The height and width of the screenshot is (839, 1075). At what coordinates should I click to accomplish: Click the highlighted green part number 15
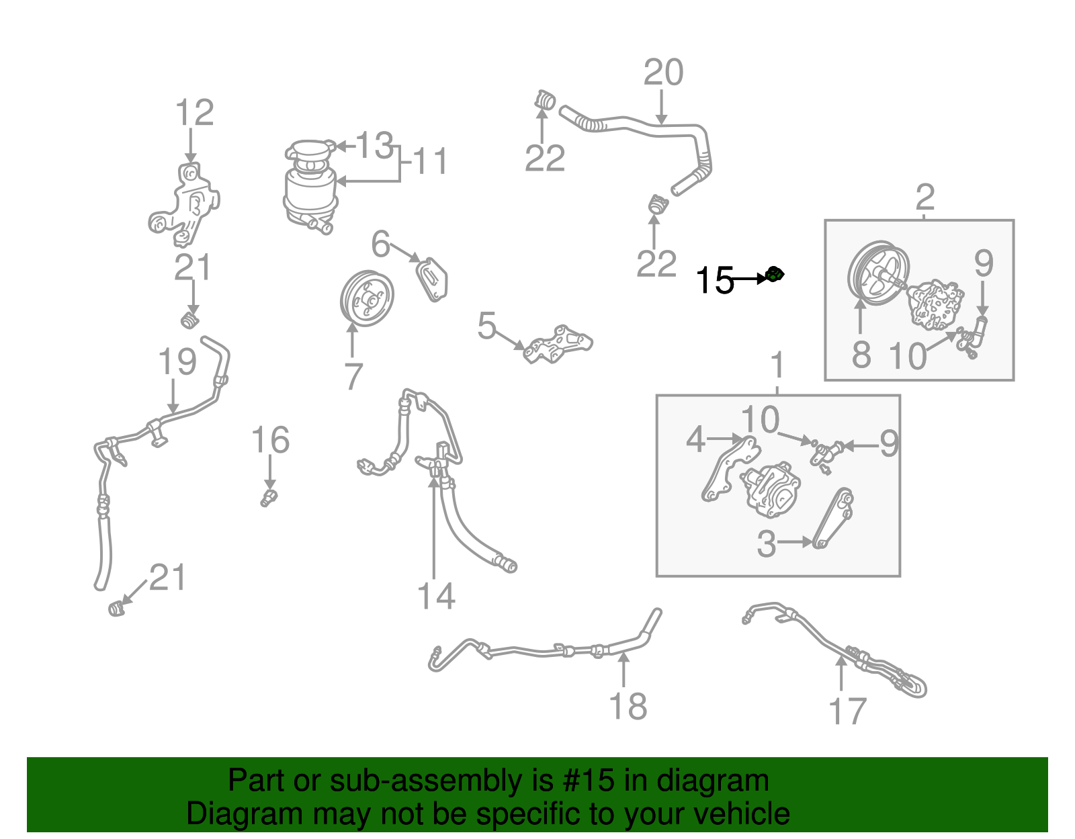pos(775,274)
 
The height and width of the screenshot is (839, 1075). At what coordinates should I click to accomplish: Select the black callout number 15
pos(715,280)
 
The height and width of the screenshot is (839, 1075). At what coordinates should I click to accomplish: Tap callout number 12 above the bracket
pos(194,113)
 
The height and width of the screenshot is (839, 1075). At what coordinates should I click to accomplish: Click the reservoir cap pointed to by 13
pos(311,149)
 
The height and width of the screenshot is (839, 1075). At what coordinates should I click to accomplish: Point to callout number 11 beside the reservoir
pos(430,162)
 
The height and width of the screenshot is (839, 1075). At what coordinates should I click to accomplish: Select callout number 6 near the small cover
pos(380,245)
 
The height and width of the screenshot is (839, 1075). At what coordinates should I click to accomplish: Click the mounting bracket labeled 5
pos(558,344)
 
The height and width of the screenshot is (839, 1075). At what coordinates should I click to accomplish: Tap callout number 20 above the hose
pos(663,73)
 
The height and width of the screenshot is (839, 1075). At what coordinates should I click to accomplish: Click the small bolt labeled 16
pos(269,498)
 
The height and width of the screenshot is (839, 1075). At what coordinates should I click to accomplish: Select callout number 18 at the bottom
pos(628,707)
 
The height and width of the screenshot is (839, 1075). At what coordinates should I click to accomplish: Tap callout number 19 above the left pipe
pos(177,362)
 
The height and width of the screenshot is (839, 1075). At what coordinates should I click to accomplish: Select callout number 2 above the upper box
pos(925,197)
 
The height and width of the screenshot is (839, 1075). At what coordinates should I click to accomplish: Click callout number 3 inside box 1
pos(766,544)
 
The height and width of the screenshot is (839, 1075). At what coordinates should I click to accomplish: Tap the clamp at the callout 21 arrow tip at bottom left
pos(117,609)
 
